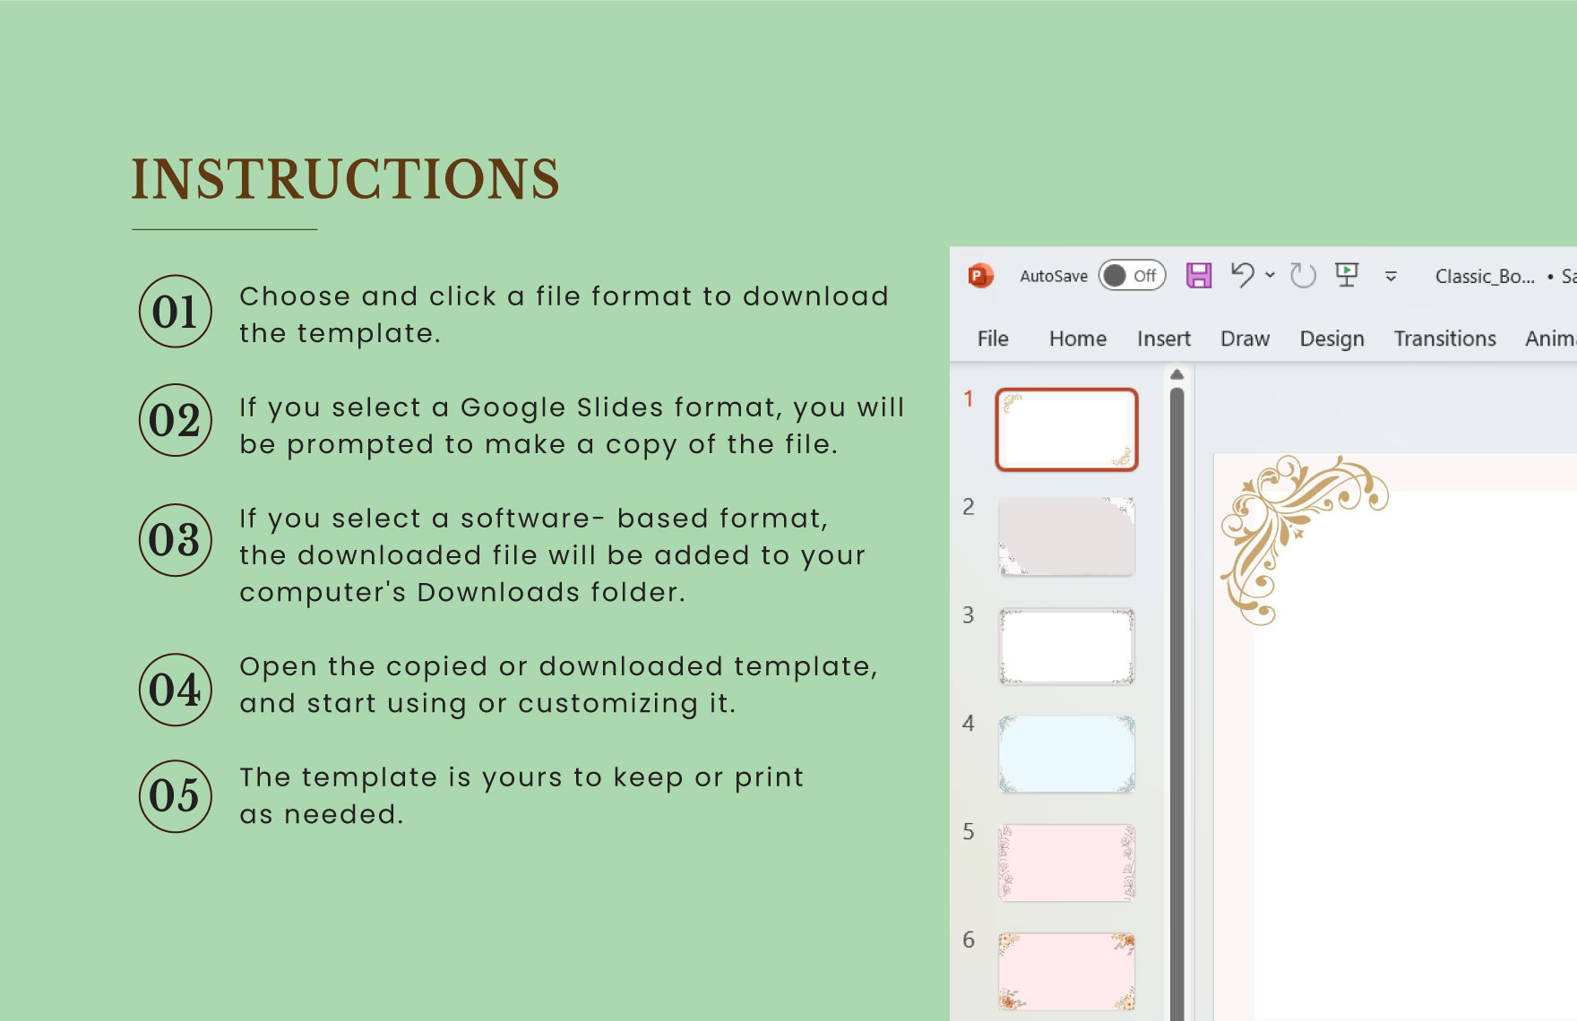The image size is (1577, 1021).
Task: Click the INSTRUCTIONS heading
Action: pyautogui.click(x=346, y=178)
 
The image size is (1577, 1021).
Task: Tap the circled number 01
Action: pyautogui.click(x=176, y=312)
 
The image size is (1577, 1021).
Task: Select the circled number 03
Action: pyautogui.click(x=176, y=540)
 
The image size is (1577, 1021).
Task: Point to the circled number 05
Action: pyautogui.click(x=176, y=796)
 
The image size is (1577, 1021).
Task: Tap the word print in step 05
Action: pyautogui.click(x=769, y=777)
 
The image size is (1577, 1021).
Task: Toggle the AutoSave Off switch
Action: pyautogui.click(x=1132, y=276)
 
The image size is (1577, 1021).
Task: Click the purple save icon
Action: pyautogui.click(x=1199, y=276)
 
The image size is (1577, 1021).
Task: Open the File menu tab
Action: pyautogui.click(x=993, y=339)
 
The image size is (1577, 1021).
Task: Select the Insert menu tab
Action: pyautogui.click(x=1163, y=339)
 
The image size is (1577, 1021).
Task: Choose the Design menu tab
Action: pyautogui.click(x=1331, y=339)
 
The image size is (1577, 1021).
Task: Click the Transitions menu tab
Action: pyautogui.click(x=1444, y=339)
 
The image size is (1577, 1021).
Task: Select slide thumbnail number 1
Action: pyautogui.click(x=1066, y=430)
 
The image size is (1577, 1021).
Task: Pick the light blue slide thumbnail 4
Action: pyautogui.click(x=1066, y=754)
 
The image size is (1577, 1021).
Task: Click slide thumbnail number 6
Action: pyautogui.click(x=1066, y=971)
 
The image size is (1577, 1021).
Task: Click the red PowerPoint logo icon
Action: pyautogui.click(x=980, y=276)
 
